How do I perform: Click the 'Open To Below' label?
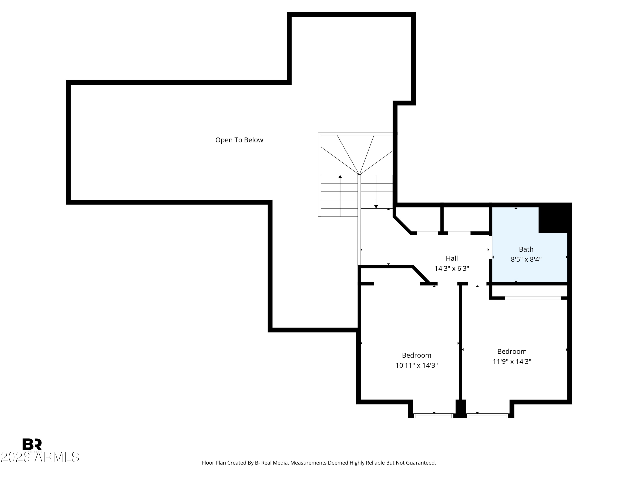pyautogui.click(x=239, y=140)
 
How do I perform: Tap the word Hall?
pyautogui.click(x=452, y=258)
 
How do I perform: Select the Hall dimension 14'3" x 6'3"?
pyautogui.click(x=452, y=268)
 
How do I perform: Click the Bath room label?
pyautogui.click(x=526, y=249)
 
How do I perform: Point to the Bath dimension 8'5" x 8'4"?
pyautogui.click(x=526, y=259)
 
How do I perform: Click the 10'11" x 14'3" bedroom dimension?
pyautogui.click(x=416, y=366)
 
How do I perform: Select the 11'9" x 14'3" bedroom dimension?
pyautogui.click(x=512, y=361)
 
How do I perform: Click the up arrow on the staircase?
pyautogui.click(x=340, y=177)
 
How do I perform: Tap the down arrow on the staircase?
pyautogui.click(x=376, y=207)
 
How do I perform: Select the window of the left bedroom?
pyautogui.click(x=433, y=416)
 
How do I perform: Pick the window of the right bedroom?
pyautogui.click(x=487, y=416)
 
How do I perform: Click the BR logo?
pyautogui.click(x=32, y=444)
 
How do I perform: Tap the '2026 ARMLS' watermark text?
pyautogui.click(x=40, y=457)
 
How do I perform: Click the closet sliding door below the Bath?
pyautogui.click(x=533, y=298)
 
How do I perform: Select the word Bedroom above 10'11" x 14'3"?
pyautogui.click(x=416, y=356)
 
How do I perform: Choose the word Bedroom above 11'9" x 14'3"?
pyautogui.click(x=512, y=351)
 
